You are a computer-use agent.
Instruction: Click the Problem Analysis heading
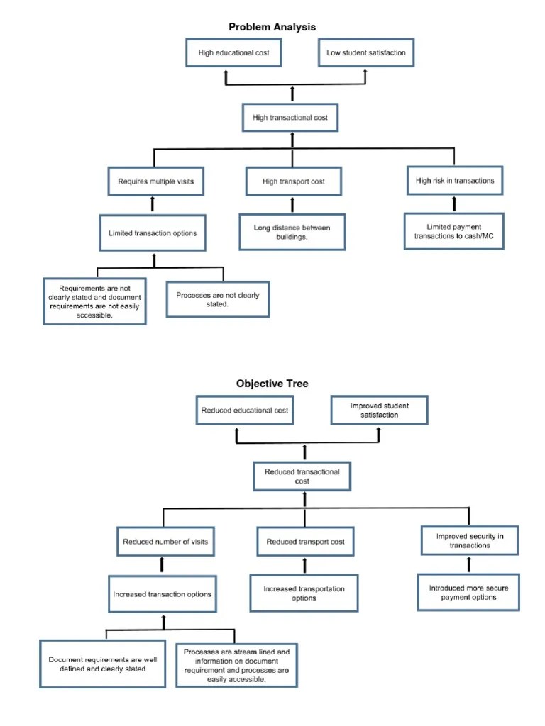(272, 27)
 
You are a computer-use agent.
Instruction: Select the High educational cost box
(233, 53)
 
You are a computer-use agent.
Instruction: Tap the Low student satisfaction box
(365, 53)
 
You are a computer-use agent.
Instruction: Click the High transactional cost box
(290, 118)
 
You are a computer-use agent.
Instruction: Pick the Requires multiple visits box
(155, 181)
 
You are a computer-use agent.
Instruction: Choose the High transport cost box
(293, 181)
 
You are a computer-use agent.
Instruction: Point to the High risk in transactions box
(455, 181)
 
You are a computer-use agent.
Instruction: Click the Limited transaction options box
(153, 233)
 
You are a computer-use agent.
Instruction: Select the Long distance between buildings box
(292, 232)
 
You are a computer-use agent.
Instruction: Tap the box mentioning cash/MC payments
(454, 231)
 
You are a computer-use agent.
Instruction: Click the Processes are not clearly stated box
(218, 300)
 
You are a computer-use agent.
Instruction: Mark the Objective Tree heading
(272, 384)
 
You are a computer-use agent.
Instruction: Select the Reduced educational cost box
(245, 411)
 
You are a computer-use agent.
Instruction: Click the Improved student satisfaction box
(379, 411)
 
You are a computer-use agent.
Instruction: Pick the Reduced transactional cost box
(302, 476)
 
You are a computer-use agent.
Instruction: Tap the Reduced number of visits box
(165, 542)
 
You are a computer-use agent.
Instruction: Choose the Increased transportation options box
(304, 593)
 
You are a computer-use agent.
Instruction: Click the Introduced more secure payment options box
(468, 593)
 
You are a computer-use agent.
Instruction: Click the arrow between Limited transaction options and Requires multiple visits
(153, 205)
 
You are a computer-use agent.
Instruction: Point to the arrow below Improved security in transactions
(468, 564)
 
